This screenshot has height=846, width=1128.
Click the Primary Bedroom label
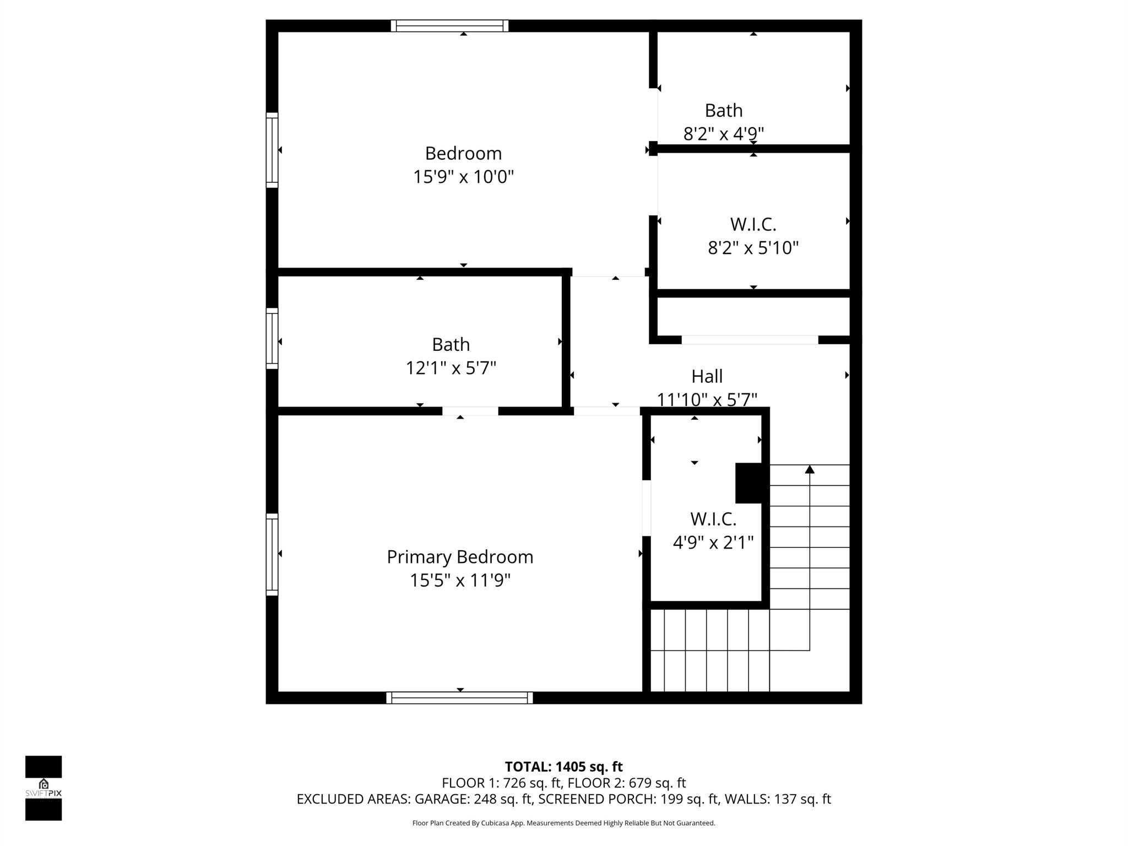click(460, 557)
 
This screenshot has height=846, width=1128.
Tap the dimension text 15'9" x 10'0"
click(463, 177)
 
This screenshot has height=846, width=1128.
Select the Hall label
click(707, 377)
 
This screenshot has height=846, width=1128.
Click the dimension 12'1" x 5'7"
click(451, 368)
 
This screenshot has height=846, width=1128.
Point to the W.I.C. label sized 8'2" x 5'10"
click(753, 225)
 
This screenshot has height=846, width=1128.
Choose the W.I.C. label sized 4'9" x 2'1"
click(713, 519)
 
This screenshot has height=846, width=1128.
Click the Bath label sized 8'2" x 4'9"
click(723, 111)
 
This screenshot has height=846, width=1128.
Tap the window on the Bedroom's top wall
click(449, 26)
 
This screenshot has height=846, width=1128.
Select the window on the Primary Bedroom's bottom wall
click(459, 698)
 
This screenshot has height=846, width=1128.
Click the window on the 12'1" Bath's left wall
click(272, 338)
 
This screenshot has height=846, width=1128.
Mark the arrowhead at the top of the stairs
click(809, 469)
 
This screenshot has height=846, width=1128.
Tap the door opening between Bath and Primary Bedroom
click(470, 411)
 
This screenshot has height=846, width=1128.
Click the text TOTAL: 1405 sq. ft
click(563, 767)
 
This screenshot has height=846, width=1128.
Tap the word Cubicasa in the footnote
click(494, 823)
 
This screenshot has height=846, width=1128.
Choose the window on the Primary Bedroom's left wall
click(272, 554)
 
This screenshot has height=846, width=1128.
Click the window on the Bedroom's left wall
click(272, 150)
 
